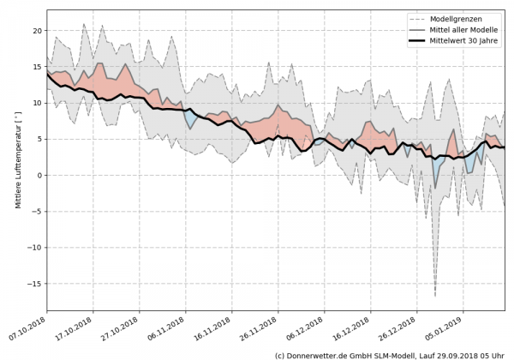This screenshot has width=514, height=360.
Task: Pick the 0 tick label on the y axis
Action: (x=39, y=175)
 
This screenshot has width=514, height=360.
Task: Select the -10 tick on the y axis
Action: (x=34, y=248)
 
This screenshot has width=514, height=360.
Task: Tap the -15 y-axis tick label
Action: (x=34, y=284)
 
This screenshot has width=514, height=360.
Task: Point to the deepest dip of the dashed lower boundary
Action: (x=435, y=295)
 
